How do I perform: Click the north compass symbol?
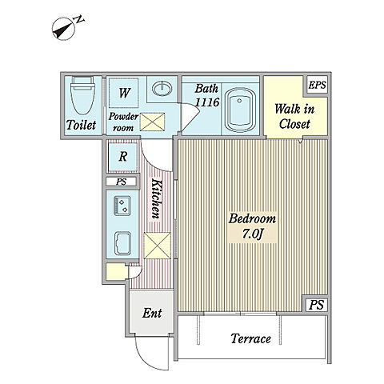tap(67, 28)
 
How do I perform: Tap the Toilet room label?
tap(81, 125)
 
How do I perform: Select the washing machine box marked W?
tap(124, 93)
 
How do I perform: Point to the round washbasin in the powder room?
tap(162, 88)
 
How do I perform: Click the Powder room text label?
tap(123, 122)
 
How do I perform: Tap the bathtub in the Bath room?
tap(240, 110)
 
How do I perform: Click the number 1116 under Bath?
tap(207, 102)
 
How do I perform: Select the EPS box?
tap(317, 85)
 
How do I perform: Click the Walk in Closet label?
tap(294, 117)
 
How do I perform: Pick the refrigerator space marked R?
tap(122, 157)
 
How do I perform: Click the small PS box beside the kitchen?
tap(122, 182)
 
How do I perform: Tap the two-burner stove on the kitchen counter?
tap(122, 206)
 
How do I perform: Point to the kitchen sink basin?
tap(122, 243)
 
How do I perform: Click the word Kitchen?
tap(157, 198)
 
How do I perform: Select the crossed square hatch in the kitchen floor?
tap(158, 246)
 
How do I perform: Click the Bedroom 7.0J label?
tap(252, 226)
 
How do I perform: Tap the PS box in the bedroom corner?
tap(316, 305)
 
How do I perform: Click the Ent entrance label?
tap(152, 313)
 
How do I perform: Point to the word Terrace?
tap(250, 338)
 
